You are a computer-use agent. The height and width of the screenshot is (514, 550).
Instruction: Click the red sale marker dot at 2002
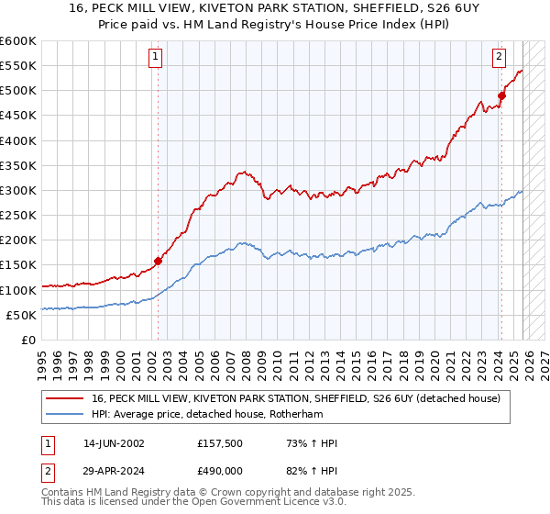coord(158,261)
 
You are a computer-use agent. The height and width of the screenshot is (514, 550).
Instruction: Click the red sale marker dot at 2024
coord(502,95)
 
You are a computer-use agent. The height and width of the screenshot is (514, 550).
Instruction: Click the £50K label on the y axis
coord(21,315)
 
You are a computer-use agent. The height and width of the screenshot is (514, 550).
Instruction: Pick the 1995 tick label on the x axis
coord(41,358)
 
